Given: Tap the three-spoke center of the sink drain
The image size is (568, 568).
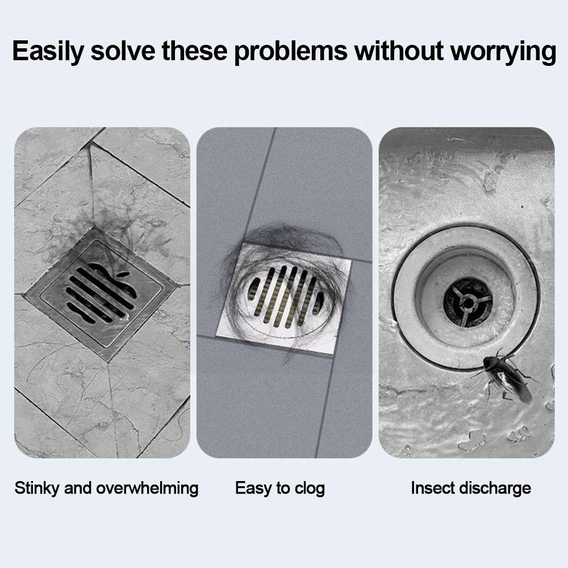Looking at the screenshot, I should pos(467,302).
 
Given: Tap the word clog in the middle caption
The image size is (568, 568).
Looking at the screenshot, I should pos(309,488).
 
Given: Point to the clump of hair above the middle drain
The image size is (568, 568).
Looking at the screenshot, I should pos(278,239).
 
